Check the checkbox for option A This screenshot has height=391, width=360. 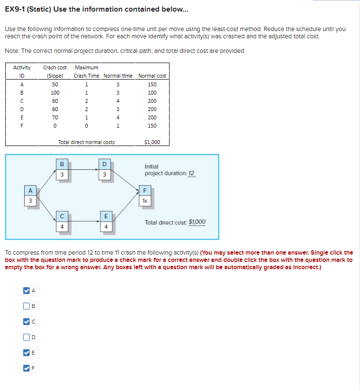point(26,291)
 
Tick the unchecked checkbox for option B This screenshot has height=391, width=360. point(26,306)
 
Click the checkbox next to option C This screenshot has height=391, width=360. point(26,321)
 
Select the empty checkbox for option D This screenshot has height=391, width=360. point(26,337)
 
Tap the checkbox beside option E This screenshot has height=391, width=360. point(26,352)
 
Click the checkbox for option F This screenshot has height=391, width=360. point(26,367)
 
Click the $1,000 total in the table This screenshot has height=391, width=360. point(152,142)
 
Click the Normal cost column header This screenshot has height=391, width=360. point(152,76)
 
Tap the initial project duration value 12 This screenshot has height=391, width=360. point(191,173)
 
